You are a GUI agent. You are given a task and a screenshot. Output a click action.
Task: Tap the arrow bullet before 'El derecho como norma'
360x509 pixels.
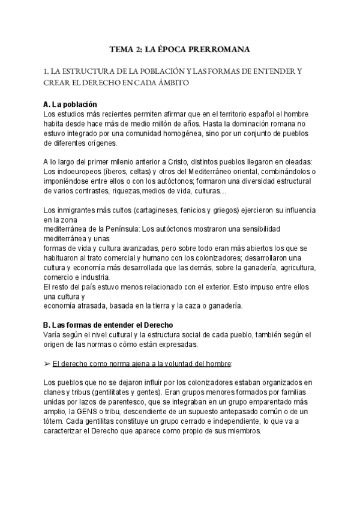point(47,364)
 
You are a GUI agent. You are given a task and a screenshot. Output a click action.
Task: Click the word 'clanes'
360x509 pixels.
point(56,392)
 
